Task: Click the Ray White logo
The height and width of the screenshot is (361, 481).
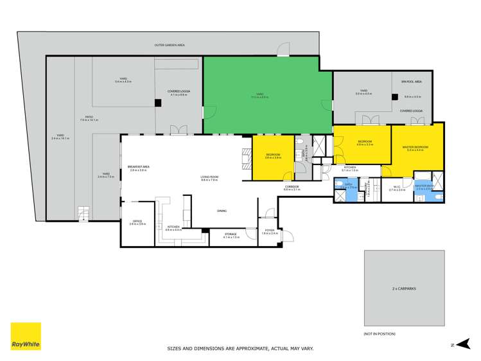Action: click(26, 336)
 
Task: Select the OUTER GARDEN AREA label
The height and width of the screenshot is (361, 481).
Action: click(170, 45)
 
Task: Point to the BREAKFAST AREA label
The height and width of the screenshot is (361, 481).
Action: click(137, 168)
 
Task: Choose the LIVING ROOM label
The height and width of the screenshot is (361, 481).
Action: click(210, 178)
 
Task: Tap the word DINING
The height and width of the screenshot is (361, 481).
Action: click(222, 211)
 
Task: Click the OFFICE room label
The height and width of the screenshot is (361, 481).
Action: click(137, 222)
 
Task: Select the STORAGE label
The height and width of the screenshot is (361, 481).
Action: click(231, 234)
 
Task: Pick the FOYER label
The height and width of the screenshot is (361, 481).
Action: click(270, 231)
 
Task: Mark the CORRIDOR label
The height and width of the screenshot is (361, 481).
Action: click(292, 187)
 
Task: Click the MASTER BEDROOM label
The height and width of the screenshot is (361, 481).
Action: click(415, 148)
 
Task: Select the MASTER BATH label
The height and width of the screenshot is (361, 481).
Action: click(425, 186)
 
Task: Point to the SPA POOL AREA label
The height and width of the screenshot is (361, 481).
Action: click(412, 82)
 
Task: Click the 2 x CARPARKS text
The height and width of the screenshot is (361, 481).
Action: click(404, 288)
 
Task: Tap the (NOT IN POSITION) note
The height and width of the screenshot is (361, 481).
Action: click(380, 333)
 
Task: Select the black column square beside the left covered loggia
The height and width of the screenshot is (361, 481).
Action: click(157, 102)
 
